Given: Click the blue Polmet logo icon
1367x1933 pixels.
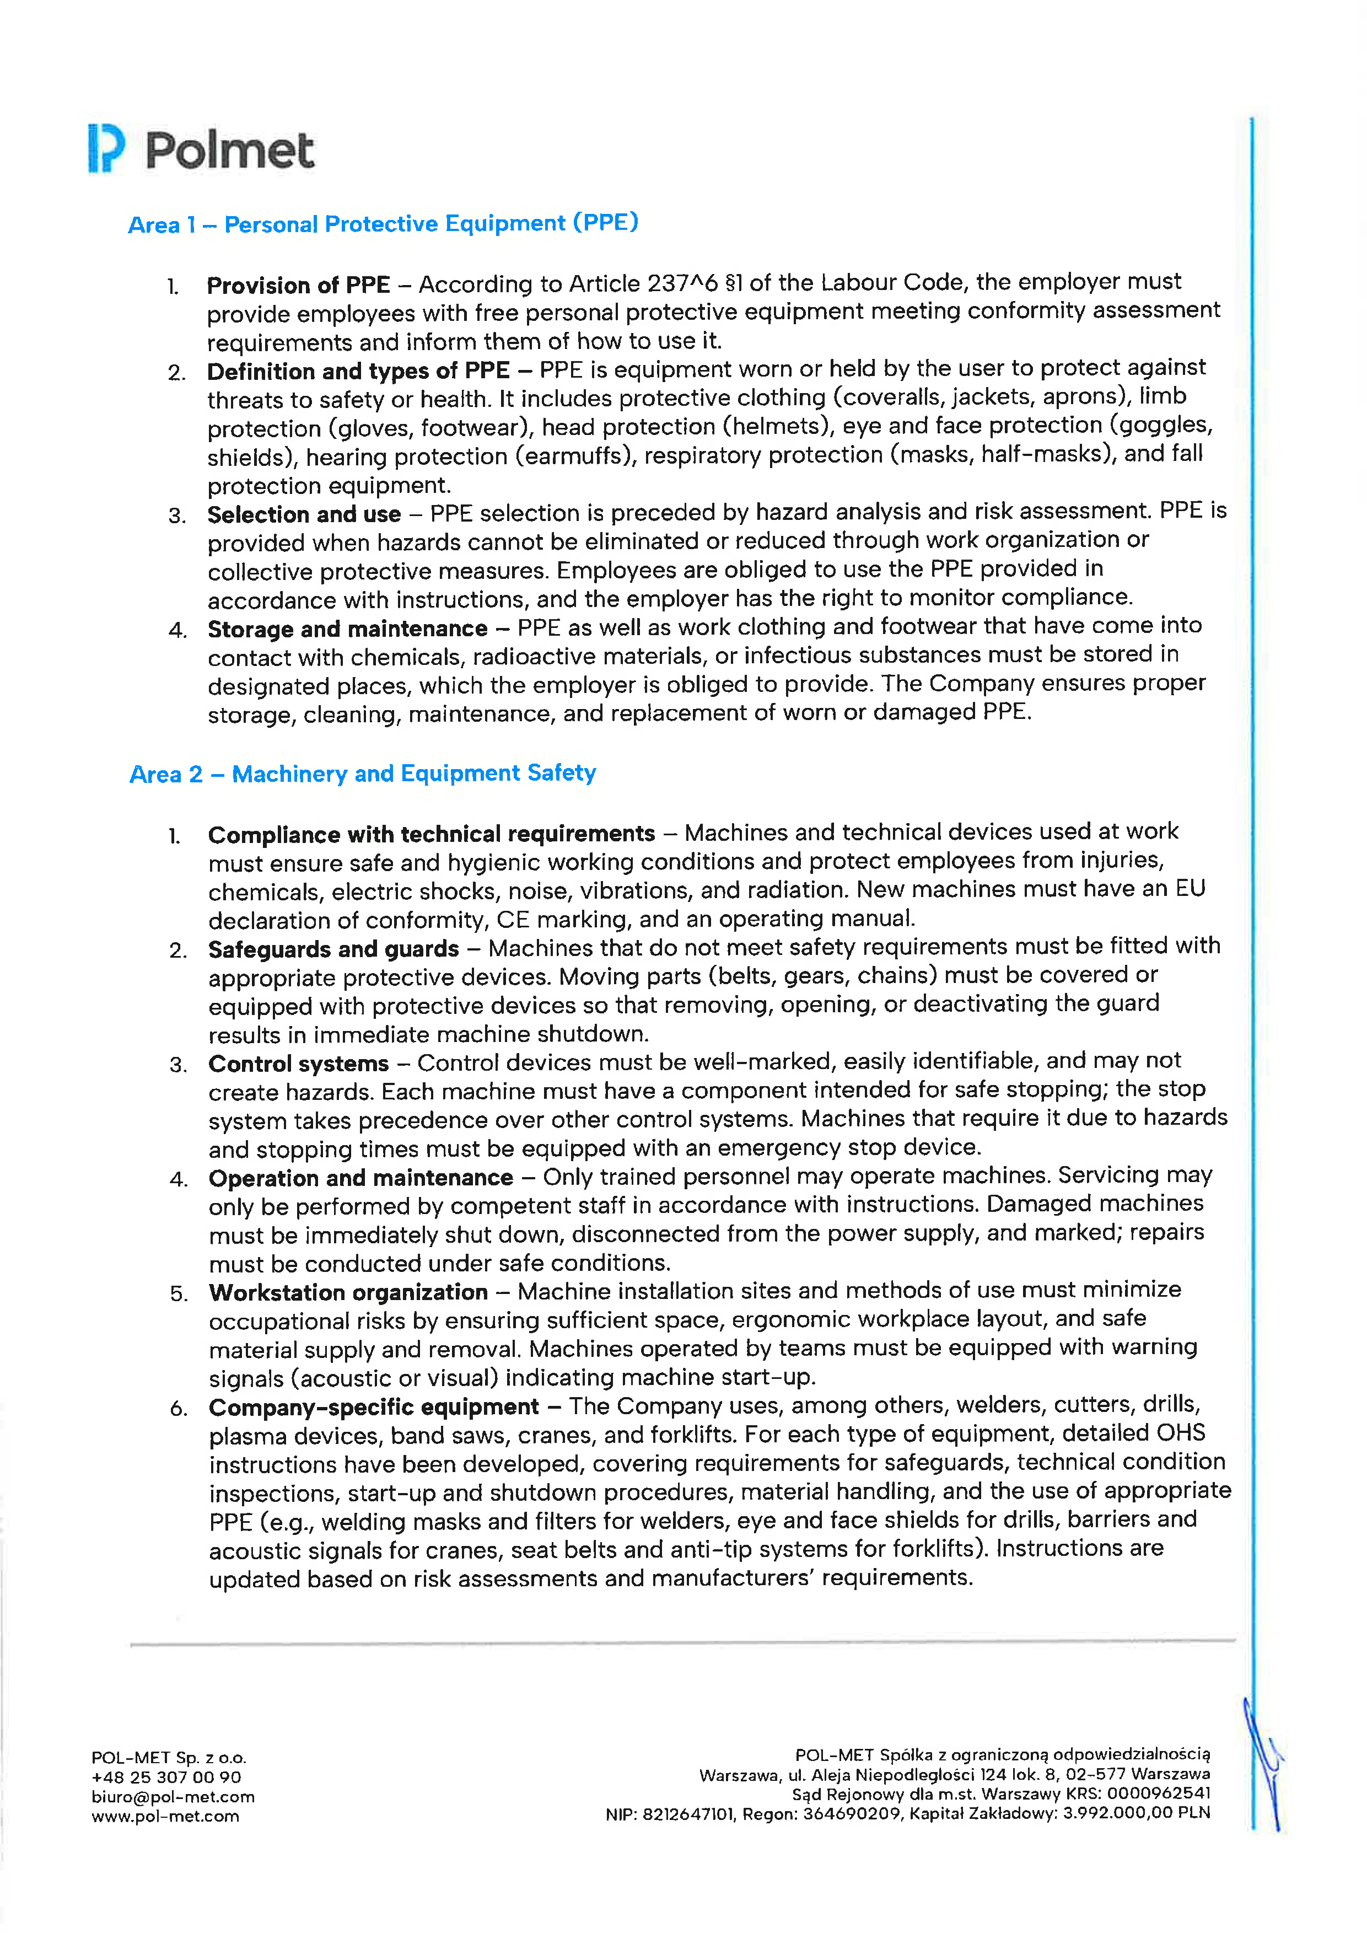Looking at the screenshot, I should coord(106,149).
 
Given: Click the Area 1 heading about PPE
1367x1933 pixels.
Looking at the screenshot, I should coord(383,224).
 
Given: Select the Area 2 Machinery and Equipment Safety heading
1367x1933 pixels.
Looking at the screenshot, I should coord(363,774).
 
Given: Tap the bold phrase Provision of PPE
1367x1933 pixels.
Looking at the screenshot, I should coord(298,286).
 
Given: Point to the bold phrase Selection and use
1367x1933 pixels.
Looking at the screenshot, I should coord(304,514).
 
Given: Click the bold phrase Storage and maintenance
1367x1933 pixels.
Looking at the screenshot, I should coord(347,629).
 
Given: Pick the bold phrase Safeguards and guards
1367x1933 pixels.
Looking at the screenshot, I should coord(333,949).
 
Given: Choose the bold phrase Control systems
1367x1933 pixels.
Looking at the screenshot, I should coord(298,1064).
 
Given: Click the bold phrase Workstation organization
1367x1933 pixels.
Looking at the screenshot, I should coord(348,1292).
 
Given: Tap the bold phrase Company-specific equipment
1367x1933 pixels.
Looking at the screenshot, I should coord(373,1407).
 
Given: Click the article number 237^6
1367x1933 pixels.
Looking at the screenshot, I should coord(682,284).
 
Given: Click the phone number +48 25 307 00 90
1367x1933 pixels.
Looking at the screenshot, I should coord(166,1778).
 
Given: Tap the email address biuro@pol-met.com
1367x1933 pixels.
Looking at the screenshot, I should coord(173,1797).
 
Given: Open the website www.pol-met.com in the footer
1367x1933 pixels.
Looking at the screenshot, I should coord(165,1816).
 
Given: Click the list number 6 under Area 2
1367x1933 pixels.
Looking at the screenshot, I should coord(177,1409).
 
